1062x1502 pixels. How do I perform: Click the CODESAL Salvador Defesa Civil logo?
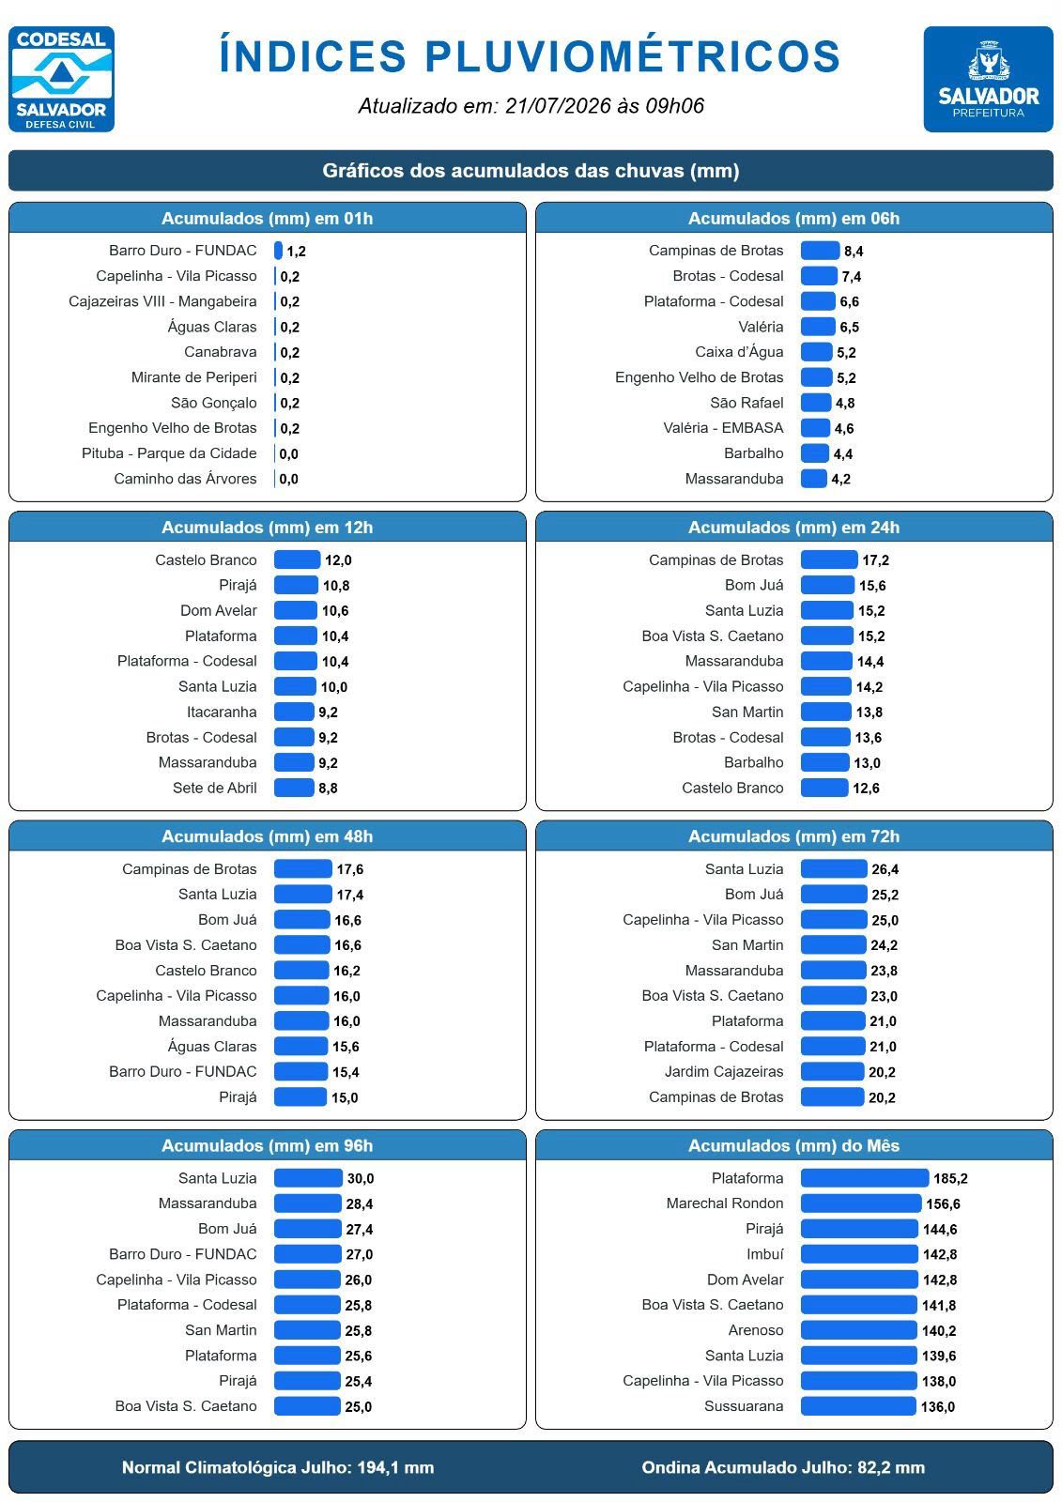(x=61, y=79)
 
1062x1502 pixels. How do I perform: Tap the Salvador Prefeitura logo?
(x=988, y=79)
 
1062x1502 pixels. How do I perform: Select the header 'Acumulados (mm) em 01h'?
(x=267, y=219)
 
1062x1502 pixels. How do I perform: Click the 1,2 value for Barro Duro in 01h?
(x=296, y=252)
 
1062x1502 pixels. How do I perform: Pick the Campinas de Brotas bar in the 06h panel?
(x=820, y=251)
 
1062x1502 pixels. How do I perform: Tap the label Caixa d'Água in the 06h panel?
(x=739, y=352)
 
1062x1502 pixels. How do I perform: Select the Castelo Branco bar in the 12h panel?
(x=297, y=559)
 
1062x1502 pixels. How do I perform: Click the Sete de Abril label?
(x=215, y=788)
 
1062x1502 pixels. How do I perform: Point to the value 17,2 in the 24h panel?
(x=875, y=560)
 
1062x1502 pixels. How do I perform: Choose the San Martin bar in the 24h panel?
(x=826, y=713)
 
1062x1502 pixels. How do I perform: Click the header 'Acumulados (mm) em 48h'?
(x=267, y=836)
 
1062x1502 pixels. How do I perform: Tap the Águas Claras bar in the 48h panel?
(x=300, y=1046)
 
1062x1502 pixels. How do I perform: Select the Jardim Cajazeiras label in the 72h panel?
(x=724, y=1071)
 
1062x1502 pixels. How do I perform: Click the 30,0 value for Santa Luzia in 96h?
(x=361, y=1179)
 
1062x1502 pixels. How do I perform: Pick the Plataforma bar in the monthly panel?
(x=865, y=1178)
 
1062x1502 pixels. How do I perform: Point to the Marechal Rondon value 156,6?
(x=943, y=1204)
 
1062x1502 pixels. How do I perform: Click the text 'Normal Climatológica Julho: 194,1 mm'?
(x=278, y=1467)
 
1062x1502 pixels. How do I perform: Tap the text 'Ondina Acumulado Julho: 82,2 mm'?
(x=783, y=1467)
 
